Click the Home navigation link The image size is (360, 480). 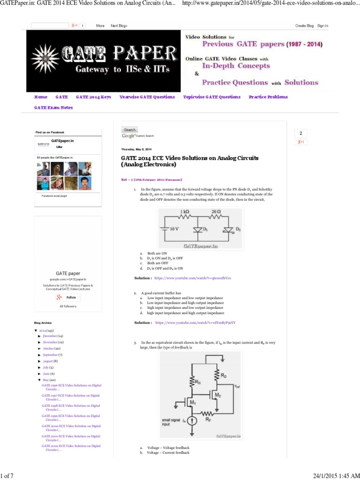(x=41, y=97)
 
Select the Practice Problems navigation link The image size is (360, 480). (x=268, y=97)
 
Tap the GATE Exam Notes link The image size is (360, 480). (x=53, y=108)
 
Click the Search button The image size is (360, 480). (x=130, y=130)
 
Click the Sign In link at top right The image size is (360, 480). (x=322, y=26)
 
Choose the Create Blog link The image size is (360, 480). (x=304, y=26)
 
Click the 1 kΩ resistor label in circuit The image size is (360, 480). (x=184, y=212)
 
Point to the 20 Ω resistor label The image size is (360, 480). (x=216, y=212)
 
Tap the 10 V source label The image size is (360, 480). (x=174, y=229)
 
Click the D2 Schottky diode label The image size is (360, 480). (x=238, y=229)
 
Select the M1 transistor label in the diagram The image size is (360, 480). (x=192, y=402)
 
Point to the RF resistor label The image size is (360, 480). (x=208, y=420)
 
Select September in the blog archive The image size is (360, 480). (x=52, y=355)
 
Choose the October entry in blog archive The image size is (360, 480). (x=51, y=349)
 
